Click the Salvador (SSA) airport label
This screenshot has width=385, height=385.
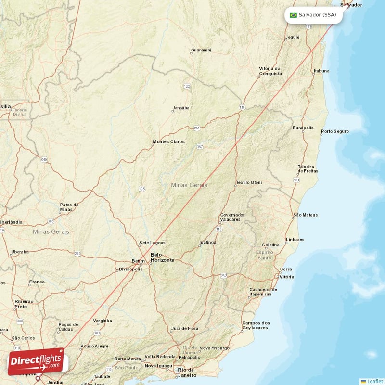click(x=317, y=15)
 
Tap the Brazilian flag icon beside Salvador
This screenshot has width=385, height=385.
click(x=293, y=15)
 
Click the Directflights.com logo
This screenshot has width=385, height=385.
click(x=36, y=361)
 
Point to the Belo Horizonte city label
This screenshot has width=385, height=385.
click(x=162, y=257)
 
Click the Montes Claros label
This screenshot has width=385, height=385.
click(x=168, y=141)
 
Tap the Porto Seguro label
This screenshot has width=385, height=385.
click(x=335, y=131)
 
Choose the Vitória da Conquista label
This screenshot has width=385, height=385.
click(x=269, y=71)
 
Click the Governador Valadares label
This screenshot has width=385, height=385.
click(x=232, y=217)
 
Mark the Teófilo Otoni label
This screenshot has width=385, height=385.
click(x=249, y=182)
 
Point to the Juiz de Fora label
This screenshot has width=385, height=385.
click(x=184, y=329)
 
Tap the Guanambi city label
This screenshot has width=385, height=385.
click(x=201, y=50)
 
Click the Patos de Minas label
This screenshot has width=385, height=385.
click(x=69, y=207)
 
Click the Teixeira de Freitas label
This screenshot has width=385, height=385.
click(x=308, y=168)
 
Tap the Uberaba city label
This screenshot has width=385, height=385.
click(x=20, y=252)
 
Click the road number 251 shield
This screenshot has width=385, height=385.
click(x=197, y=128)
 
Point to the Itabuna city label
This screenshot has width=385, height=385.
click(x=321, y=71)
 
